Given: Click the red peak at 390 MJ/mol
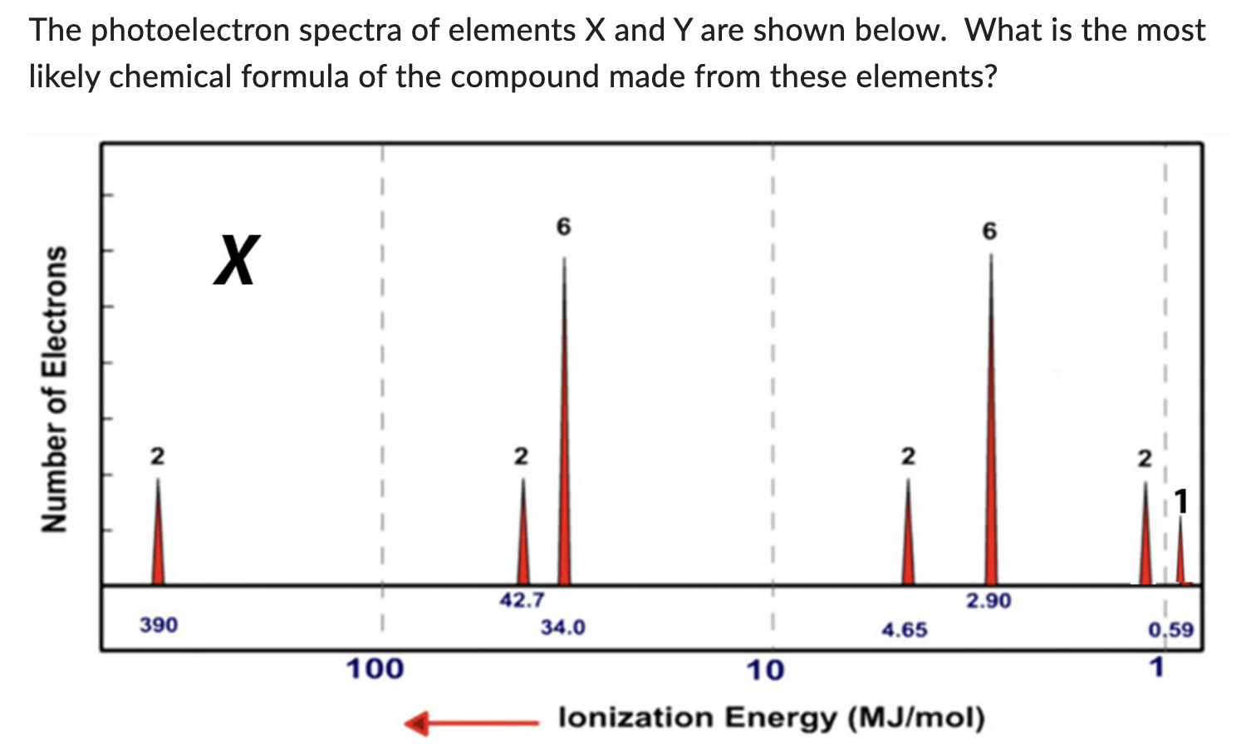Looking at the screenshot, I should (158, 548).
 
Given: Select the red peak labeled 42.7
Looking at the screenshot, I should (523, 548).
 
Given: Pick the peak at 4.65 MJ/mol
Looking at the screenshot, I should (908, 548).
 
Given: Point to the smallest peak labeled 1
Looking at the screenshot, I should (1180, 565).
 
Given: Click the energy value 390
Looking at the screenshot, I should (158, 625).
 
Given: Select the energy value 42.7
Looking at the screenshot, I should (522, 600).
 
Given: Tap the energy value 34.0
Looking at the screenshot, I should (562, 627).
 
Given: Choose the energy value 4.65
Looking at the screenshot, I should (905, 630).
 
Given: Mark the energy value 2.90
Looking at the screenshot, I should (989, 600).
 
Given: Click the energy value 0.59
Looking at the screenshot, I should (1171, 630).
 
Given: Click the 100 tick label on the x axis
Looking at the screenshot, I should (375, 668).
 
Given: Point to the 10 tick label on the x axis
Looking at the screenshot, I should (765, 670).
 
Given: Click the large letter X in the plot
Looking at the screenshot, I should (237, 260).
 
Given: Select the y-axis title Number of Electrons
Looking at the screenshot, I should (55, 388).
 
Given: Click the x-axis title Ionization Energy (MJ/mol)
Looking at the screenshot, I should (772, 718).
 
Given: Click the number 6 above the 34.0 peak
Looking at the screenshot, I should (564, 227).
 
